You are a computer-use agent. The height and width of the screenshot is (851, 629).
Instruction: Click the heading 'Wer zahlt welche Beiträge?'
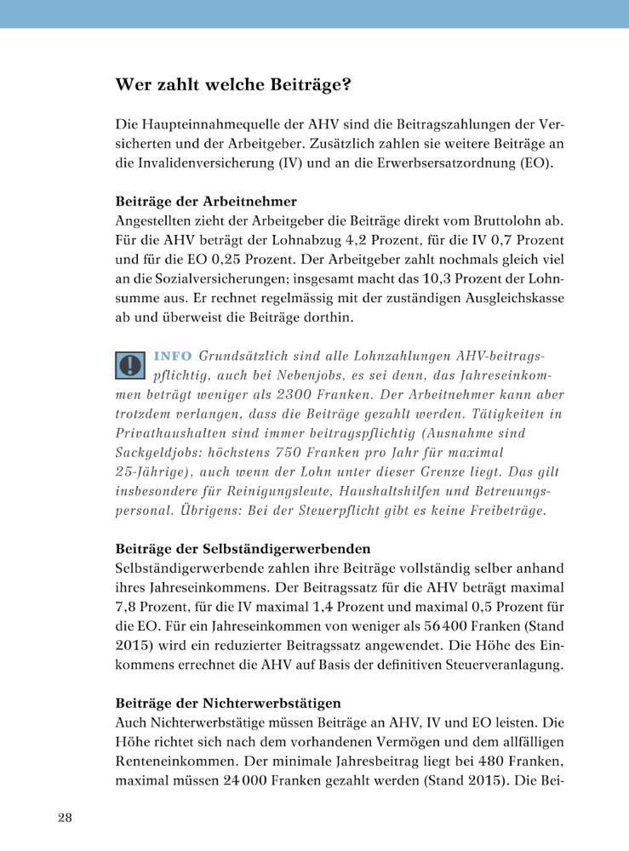tap(233, 85)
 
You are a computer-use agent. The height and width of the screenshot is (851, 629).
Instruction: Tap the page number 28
tap(65, 818)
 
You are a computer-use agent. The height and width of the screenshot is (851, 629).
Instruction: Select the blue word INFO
tap(173, 355)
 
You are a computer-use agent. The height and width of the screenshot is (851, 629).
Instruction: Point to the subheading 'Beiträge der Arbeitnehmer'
tap(206, 202)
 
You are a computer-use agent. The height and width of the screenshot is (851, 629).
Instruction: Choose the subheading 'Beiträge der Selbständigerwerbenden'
tap(243, 549)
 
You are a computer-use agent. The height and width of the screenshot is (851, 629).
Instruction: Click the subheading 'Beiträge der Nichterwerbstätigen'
tap(228, 703)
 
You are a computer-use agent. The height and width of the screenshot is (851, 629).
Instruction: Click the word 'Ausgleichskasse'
tap(512, 300)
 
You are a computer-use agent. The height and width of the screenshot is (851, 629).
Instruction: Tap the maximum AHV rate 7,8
tap(127, 607)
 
